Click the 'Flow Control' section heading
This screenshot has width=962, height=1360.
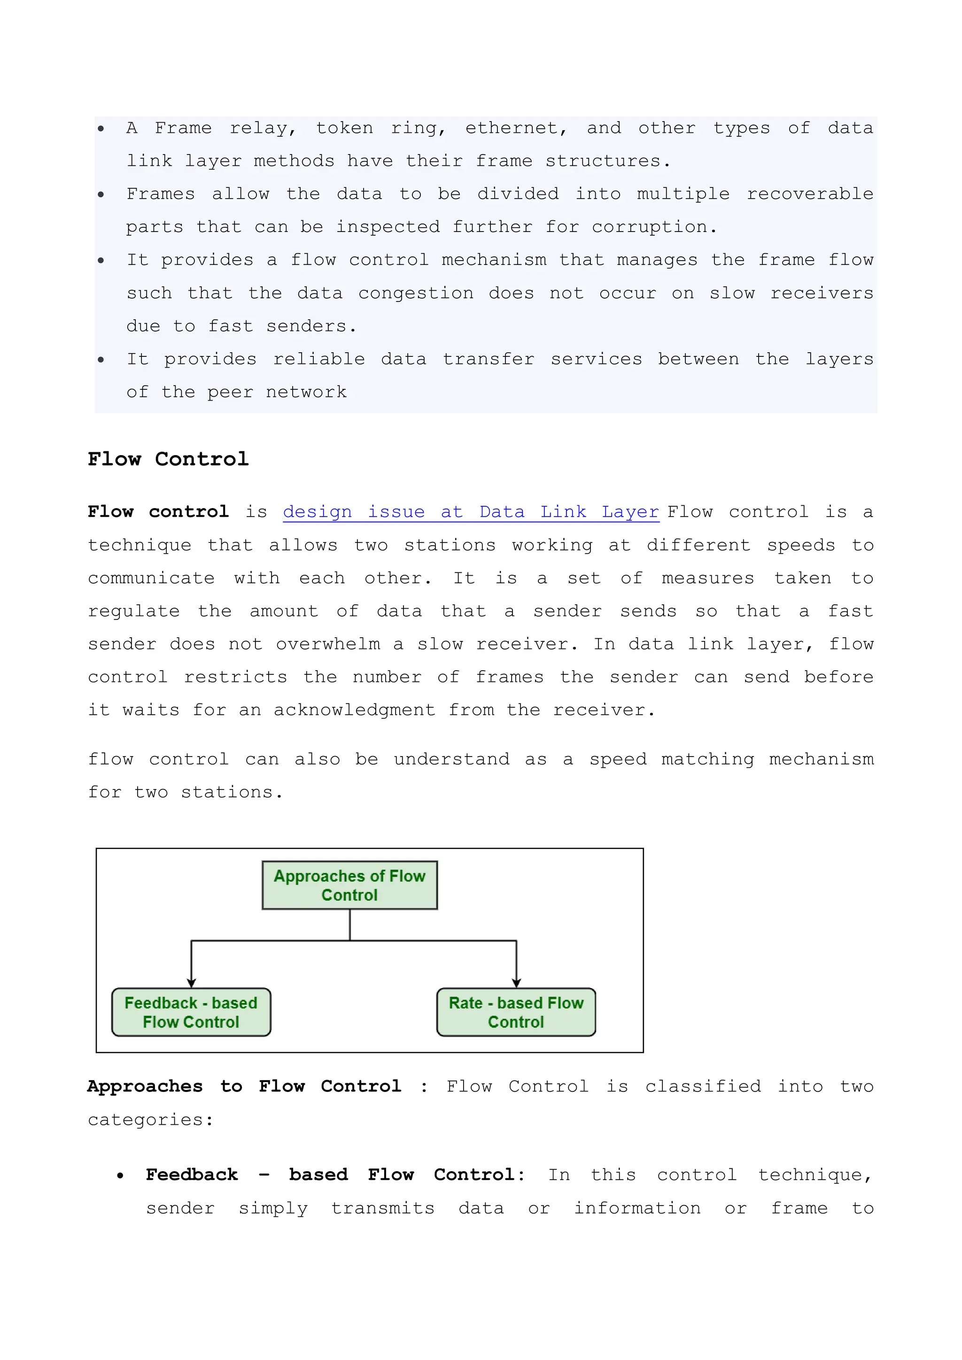(x=168, y=459)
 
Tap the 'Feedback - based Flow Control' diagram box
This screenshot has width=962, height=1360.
(x=191, y=1012)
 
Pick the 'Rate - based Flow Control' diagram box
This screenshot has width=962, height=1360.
(x=516, y=1012)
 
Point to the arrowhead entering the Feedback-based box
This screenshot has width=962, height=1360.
(x=191, y=983)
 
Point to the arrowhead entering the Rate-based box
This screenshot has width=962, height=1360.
(x=517, y=983)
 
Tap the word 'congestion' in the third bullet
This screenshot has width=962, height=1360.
(x=416, y=294)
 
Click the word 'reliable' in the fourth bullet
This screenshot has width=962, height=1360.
(x=318, y=360)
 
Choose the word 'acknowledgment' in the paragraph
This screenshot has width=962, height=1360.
(x=354, y=710)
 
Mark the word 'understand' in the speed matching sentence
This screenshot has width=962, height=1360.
(x=451, y=759)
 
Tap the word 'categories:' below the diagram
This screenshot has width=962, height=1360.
(x=150, y=1120)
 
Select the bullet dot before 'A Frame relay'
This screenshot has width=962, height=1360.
(x=101, y=129)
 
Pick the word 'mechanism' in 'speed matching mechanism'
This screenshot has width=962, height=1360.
(x=821, y=759)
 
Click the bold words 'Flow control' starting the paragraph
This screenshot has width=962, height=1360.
(x=158, y=512)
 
